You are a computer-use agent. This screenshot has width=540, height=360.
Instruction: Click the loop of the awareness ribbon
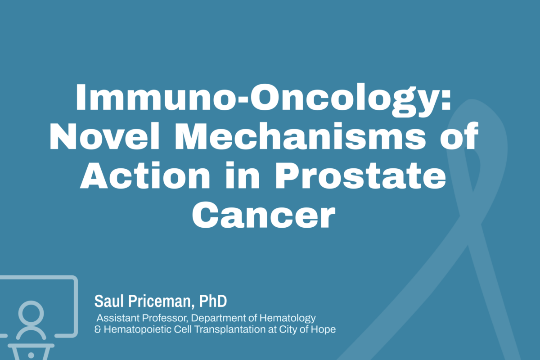tap(468, 148)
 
